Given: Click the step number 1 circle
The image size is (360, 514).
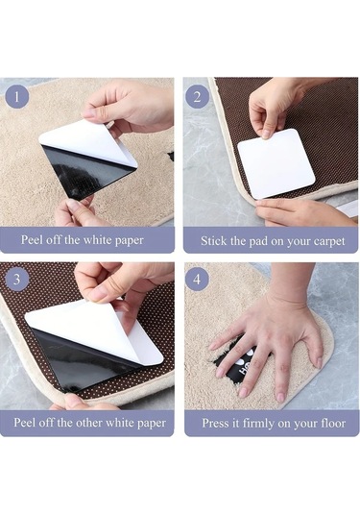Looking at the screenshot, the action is tap(16, 97).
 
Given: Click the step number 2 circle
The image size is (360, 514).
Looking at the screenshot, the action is tap(197, 97).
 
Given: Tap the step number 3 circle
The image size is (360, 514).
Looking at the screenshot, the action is tap(16, 280).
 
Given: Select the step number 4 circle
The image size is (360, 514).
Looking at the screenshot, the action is tap(197, 280).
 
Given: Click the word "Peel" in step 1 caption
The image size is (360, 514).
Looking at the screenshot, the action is tap(32, 239).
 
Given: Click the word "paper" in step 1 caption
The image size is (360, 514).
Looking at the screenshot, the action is tap(130, 241).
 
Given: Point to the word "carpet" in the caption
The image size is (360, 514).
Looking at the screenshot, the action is tap(329, 242).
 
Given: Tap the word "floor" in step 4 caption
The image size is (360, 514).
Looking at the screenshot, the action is tap(333, 423).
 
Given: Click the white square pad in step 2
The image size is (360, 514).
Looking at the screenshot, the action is tap(276, 163).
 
